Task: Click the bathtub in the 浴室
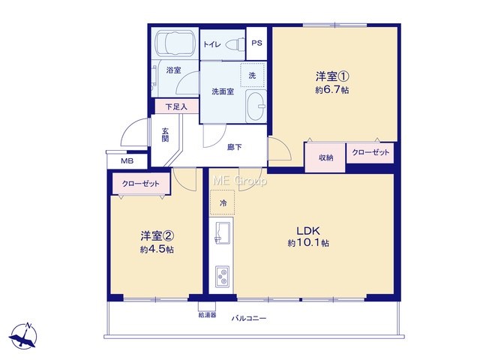(175, 43)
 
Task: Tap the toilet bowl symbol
(236, 44)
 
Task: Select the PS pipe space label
(256, 43)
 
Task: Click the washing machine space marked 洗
(253, 75)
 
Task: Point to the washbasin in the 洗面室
(256, 106)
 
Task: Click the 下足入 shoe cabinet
(177, 106)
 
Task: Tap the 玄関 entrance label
(165, 135)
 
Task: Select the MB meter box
(127, 160)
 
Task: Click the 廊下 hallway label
(235, 147)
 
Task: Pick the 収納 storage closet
(325, 157)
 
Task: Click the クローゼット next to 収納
(370, 152)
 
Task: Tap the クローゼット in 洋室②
(141, 184)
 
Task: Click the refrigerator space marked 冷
(223, 202)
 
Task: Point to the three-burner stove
(223, 277)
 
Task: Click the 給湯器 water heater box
(207, 307)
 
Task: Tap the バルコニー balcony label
(248, 318)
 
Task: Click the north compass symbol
(24, 336)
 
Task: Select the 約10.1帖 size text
(308, 243)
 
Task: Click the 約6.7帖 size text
(332, 90)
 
